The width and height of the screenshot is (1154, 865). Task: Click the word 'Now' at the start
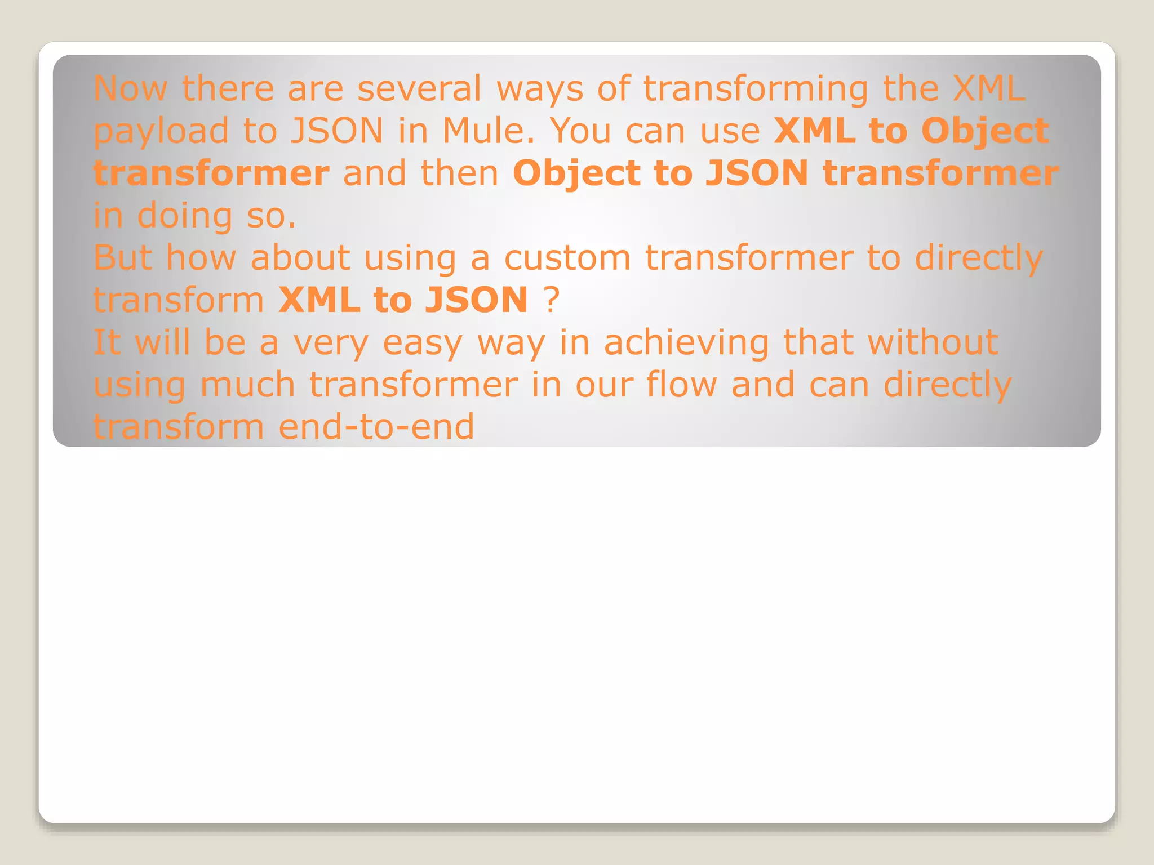[x=130, y=88]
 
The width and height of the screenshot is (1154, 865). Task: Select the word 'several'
[x=420, y=88]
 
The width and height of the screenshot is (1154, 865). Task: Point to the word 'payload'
[x=161, y=132]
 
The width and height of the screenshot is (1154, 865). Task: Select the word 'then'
[x=459, y=173]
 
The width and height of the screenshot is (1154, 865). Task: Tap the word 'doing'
[x=185, y=216]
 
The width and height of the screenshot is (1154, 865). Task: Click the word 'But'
[x=123, y=257]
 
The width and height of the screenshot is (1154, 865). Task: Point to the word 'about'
[x=300, y=257]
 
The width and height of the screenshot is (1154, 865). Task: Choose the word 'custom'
[x=567, y=257]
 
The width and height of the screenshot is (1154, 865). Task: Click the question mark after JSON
[x=552, y=300]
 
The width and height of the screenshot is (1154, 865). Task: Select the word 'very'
[x=331, y=343]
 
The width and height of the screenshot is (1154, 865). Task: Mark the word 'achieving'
[x=686, y=343]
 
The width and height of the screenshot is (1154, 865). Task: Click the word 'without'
[x=933, y=342]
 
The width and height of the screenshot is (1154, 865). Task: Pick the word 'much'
[x=247, y=384]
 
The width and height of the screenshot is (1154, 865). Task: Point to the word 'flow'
[x=681, y=384]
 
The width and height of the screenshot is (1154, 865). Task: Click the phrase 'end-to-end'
[x=376, y=426]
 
